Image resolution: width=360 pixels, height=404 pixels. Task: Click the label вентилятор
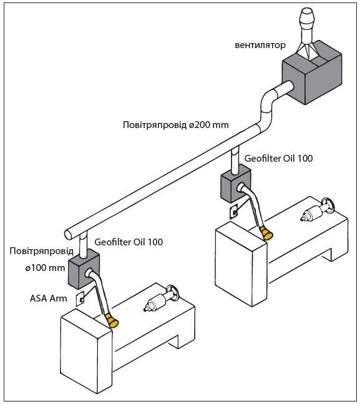point(260,46)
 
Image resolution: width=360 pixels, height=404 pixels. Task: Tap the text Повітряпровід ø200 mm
point(176,125)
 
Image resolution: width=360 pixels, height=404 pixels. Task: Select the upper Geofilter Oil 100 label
point(279,158)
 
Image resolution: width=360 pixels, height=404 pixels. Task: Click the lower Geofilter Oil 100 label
point(129,242)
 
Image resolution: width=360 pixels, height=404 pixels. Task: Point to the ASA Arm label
point(49,298)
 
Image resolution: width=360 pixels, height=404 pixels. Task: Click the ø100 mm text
point(45,268)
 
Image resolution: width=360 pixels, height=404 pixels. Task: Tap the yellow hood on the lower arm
point(112,321)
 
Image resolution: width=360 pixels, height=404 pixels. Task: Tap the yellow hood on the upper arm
point(266,233)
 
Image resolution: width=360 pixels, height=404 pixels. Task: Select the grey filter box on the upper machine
point(236,184)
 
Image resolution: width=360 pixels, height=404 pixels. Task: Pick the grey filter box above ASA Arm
point(84,269)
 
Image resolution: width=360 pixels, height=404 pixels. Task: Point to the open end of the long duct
point(68,235)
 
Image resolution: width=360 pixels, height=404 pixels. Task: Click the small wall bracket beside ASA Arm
point(80,299)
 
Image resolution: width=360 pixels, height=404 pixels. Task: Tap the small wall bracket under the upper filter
point(234,212)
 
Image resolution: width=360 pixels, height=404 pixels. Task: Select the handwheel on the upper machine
point(327,206)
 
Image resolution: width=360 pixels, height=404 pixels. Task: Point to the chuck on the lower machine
point(153,303)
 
